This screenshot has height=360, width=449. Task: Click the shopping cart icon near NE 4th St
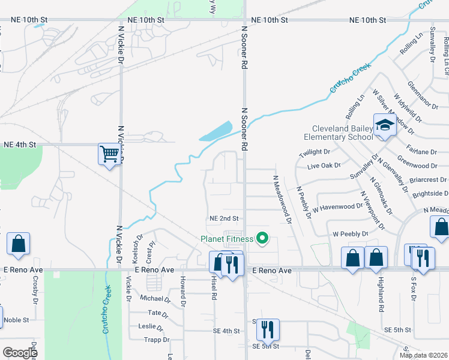tap(110, 154)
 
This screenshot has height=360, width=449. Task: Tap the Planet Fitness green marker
tap(262, 239)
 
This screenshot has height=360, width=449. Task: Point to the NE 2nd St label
tap(224, 218)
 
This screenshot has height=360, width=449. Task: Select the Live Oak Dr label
tap(324, 165)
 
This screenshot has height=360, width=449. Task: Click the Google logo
tap(20, 353)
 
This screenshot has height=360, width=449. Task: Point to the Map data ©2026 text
tap(423, 355)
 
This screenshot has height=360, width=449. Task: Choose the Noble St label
tap(16, 320)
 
